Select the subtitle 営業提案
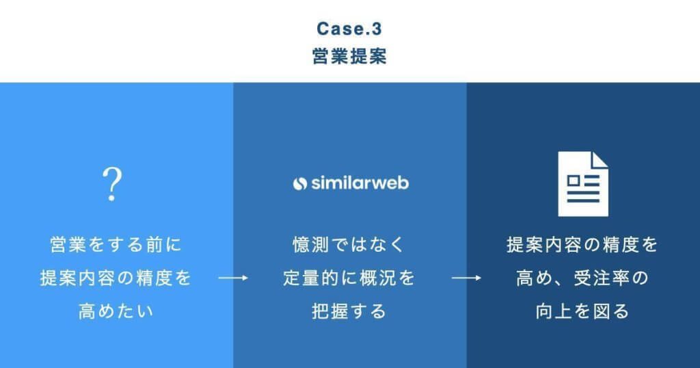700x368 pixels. pos(349,56)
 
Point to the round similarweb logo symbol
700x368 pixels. pos(299,183)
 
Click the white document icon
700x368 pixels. pos(582,183)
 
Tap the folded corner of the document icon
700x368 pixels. pos(600,160)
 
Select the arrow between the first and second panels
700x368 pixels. pos(233,279)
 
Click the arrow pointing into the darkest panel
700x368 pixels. pos(467,279)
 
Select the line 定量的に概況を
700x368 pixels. pos(349,279)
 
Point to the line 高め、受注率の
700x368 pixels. pos(582,279)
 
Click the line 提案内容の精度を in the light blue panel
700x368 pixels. pos(116,279)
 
